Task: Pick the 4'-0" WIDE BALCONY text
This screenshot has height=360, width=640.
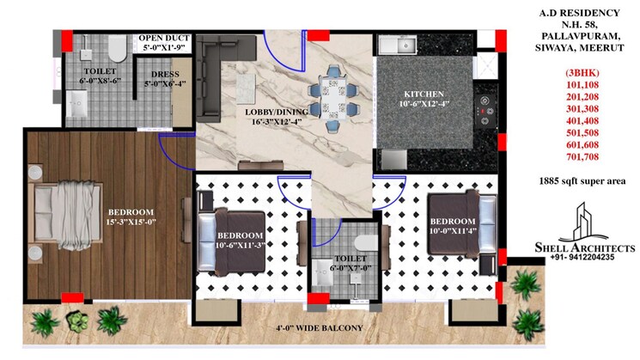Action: tap(319, 328)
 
